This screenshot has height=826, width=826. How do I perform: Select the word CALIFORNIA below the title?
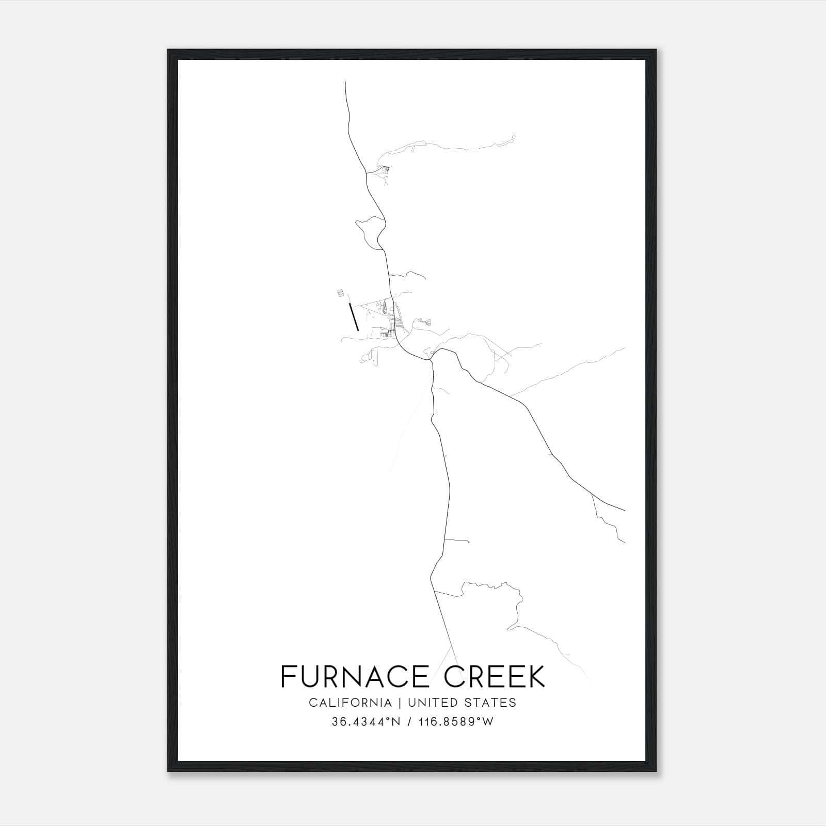(x=350, y=703)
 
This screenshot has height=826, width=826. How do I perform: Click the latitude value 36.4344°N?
(x=366, y=722)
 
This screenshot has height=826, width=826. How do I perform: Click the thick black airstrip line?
(x=354, y=317)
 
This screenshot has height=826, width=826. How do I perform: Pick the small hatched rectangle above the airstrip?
(x=340, y=293)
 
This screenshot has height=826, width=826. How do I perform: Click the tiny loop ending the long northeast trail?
(x=513, y=137)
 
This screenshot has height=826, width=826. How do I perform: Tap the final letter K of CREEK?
(x=536, y=676)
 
